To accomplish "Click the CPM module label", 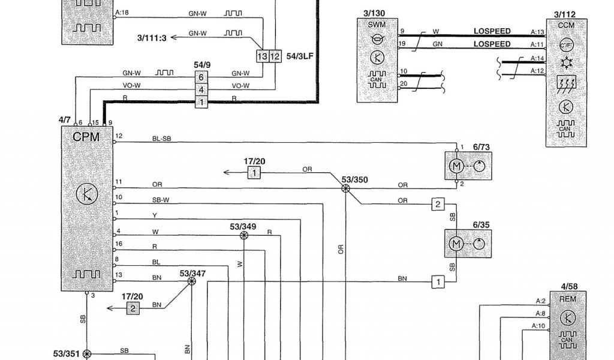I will pyautogui.click(x=86, y=137).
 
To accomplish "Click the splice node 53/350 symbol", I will pyautogui.click(x=346, y=188).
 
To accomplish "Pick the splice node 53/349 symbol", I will pyautogui.click(x=243, y=236).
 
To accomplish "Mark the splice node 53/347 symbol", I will pyautogui.click(x=192, y=281).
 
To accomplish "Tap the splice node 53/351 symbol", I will pyautogui.click(x=87, y=354).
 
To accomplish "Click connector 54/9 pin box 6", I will pyautogui.click(x=202, y=77).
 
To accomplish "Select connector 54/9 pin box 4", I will pyautogui.click(x=202, y=89).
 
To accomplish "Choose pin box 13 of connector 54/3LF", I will pyautogui.click(x=262, y=56).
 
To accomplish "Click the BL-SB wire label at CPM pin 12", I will pyautogui.click(x=161, y=139).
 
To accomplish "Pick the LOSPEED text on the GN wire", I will pyautogui.click(x=492, y=44).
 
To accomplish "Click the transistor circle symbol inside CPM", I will pyautogui.click(x=88, y=193).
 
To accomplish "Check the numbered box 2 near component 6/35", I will pyautogui.click(x=438, y=205).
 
